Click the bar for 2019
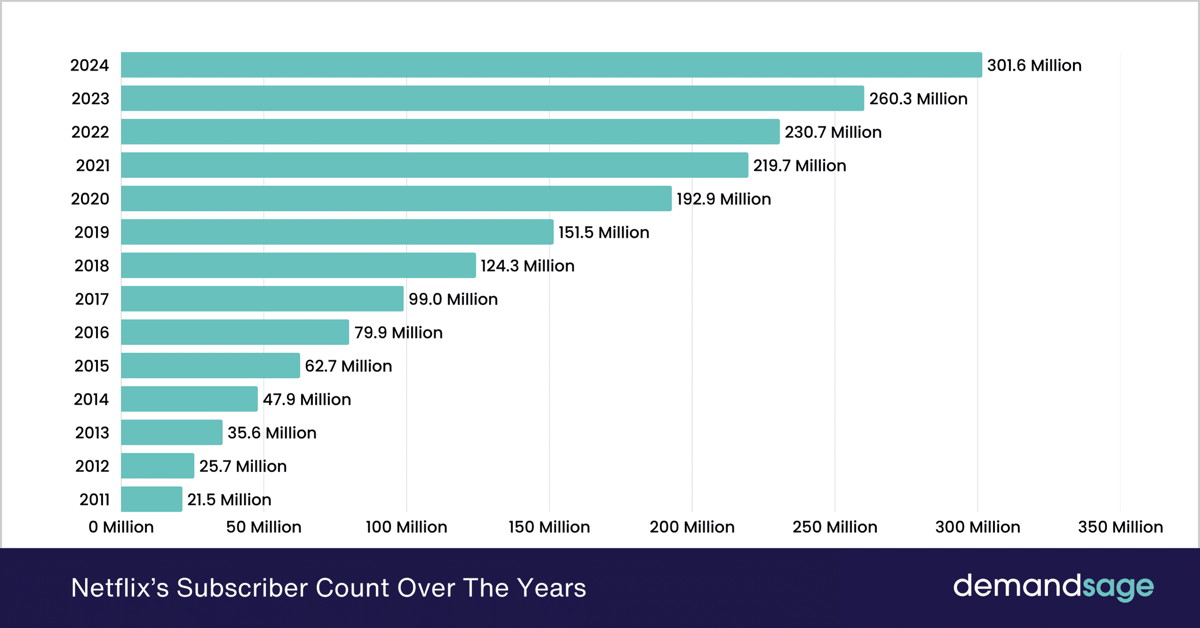point(337,232)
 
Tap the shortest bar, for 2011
point(152,499)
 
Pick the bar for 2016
point(235,332)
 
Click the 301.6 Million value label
point(1034,65)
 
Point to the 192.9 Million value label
point(723,199)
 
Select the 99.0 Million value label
point(453,299)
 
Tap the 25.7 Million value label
point(243,467)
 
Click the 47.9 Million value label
point(306,400)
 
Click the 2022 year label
point(90,132)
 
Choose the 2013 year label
point(92,433)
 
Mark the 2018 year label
point(91,266)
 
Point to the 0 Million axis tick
point(121,527)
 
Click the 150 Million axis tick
point(549,527)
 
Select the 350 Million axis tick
point(1120,527)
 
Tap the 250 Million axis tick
point(834,527)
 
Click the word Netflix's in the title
point(120,588)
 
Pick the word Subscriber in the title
point(242,588)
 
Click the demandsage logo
point(1053,587)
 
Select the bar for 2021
point(434,165)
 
